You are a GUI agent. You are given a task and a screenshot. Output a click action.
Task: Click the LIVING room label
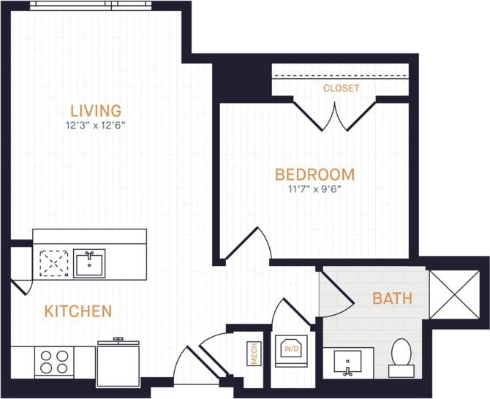96,111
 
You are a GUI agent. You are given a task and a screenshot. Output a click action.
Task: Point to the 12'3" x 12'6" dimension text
96,125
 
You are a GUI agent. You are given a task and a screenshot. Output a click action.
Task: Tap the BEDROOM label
314,175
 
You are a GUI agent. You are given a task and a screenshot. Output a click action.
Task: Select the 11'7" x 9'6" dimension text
314,189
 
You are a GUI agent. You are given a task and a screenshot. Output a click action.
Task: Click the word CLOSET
342,88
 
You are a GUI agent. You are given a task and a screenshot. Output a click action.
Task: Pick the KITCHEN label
78,311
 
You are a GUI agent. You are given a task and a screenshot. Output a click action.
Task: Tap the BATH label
392,298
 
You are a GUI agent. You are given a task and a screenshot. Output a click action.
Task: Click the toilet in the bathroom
402,356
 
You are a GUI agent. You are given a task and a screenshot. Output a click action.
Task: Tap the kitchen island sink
89,263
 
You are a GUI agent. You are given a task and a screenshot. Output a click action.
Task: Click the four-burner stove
54,361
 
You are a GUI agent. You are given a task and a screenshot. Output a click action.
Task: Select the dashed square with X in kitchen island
53,263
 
